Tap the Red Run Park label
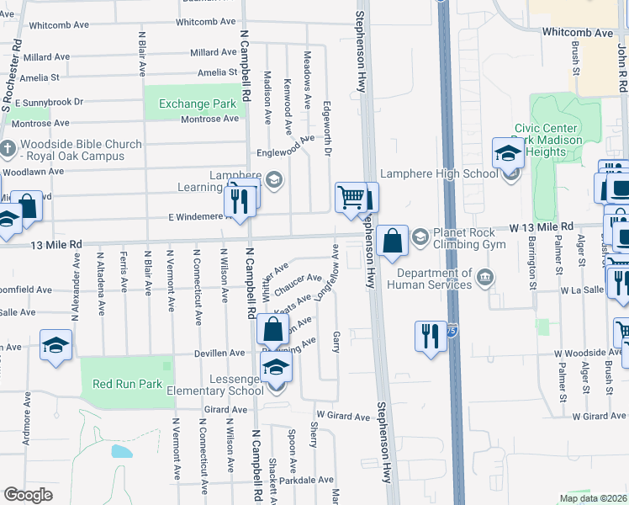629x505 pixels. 127,384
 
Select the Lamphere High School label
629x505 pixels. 438,174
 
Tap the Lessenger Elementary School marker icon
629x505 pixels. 276,366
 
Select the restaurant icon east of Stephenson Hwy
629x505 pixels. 431,337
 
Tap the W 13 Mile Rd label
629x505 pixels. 542,227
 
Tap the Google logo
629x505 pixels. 28,495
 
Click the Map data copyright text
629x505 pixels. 593,498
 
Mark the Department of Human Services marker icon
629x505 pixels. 485,278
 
